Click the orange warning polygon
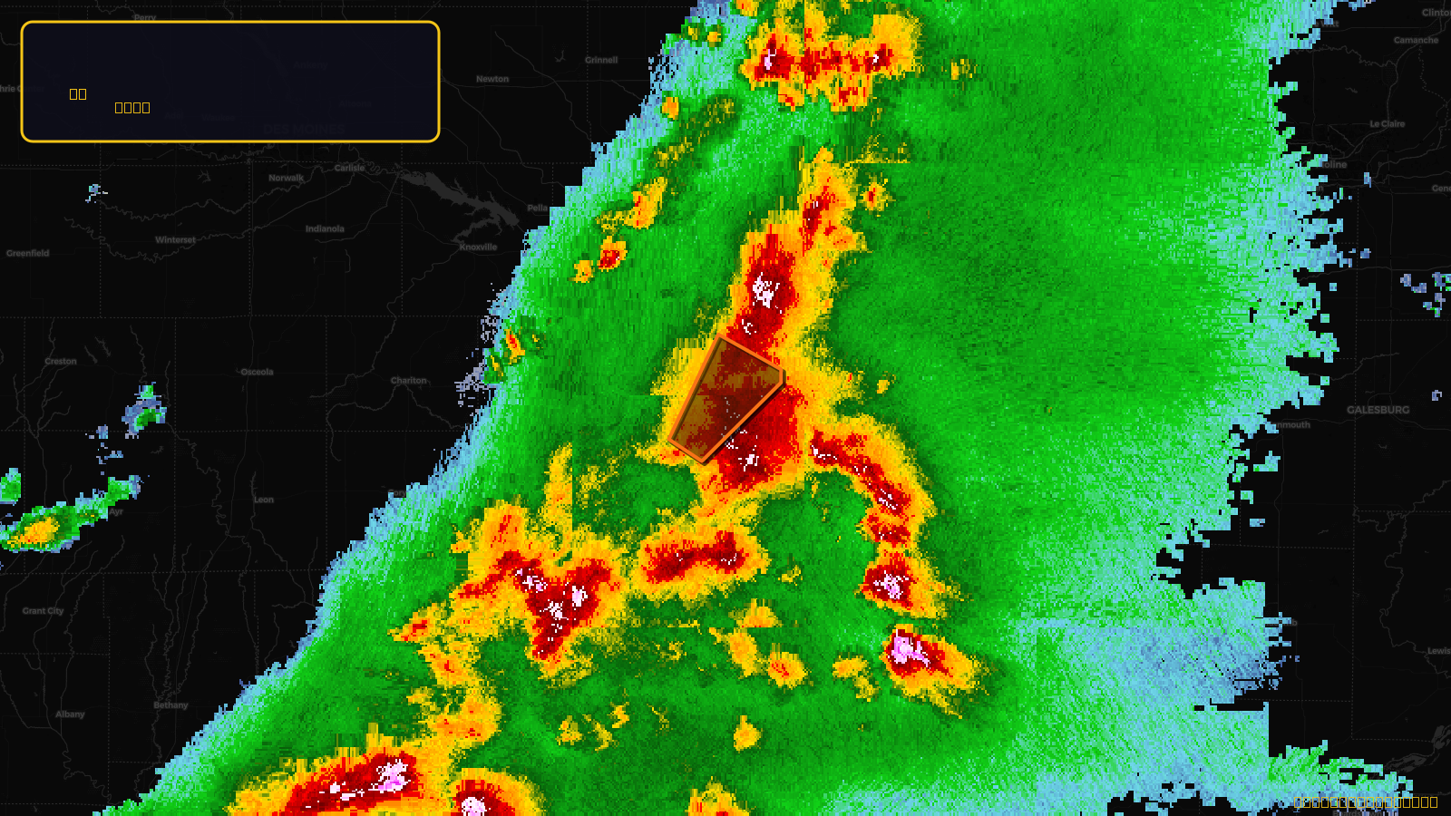[x=725, y=399]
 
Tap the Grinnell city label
[x=601, y=60]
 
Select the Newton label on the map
[x=492, y=79]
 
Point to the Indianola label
[x=325, y=228]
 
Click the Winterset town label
[x=175, y=240]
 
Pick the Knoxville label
[x=478, y=247]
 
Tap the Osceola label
[x=257, y=372]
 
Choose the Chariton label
[x=408, y=381]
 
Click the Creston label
[x=61, y=361]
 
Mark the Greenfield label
[x=28, y=253]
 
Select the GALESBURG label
[x=1378, y=410]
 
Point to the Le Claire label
[x=1387, y=124]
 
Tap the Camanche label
[x=1416, y=40]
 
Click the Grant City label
[x=44, y=611]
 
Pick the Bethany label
[x=170, y=705]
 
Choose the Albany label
[x=70, y=714]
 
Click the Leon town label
[x=264, y=500]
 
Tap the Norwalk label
[x=287, y=178]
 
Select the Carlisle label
[x=349, y=168]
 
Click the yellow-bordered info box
[x=230, y=82]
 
